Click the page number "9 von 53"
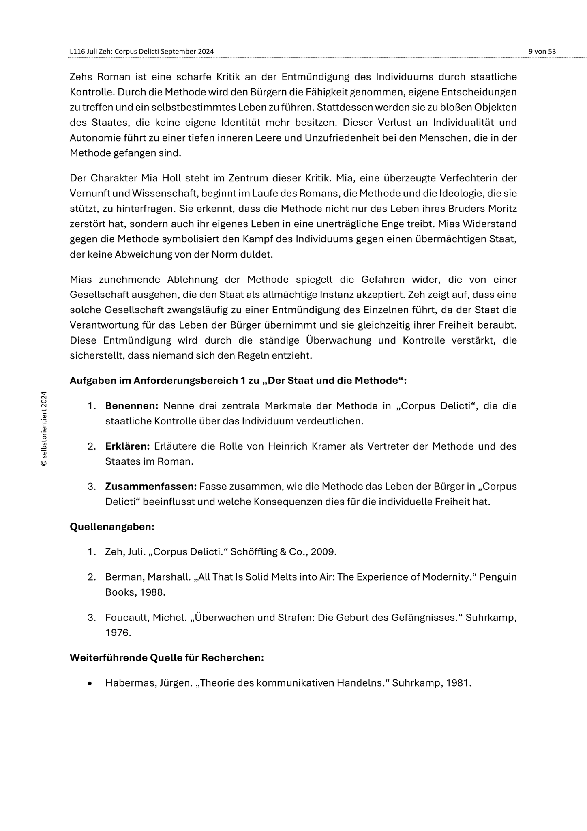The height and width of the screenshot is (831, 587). coord(542,52)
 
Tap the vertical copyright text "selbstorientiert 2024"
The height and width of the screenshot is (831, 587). coord(44,428)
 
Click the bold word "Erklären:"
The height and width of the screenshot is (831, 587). coord(127,446)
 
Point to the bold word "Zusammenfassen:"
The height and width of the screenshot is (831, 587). coord(151,487)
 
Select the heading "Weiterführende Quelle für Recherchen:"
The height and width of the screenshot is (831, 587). coord(167,657)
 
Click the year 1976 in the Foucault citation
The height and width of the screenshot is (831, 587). coord(118,633)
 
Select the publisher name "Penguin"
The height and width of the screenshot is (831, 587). coord(498,577)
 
